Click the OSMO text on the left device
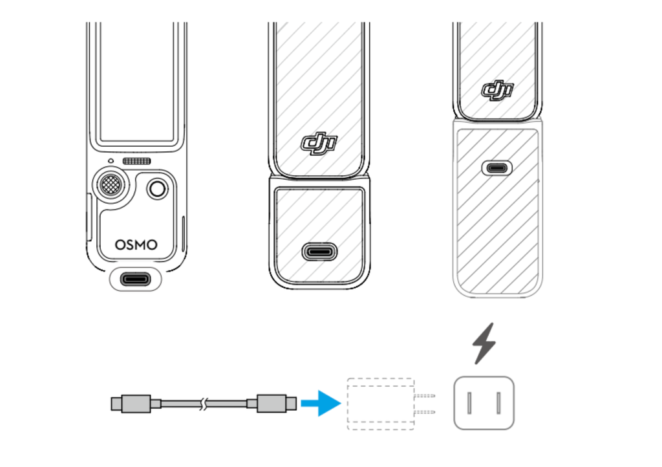coord(136,245)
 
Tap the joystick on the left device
coord(111,184)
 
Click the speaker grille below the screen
coord(137,161)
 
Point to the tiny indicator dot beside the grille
coord(111,161)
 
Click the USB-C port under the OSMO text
coord(136,279)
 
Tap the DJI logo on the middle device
coord(319,143)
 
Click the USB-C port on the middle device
coord(319,252)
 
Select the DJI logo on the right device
coord(497,90)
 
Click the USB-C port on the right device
coord(497,168)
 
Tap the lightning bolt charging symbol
coord(484,343)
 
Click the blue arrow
coord(321,403)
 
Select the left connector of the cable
coord(131,404)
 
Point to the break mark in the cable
coord(204,404)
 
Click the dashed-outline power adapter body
coord(381,404)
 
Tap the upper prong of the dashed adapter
coord(425,396)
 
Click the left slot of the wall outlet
coord(469,403)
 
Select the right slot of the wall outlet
coord(498,403)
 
